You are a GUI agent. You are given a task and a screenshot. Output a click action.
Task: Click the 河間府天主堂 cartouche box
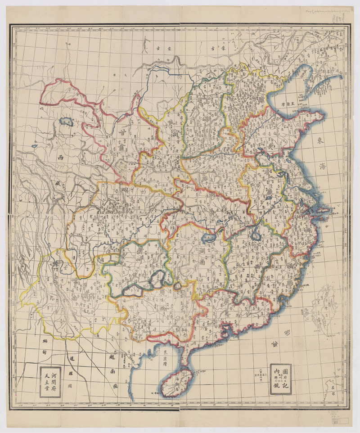click(x=50, y=382)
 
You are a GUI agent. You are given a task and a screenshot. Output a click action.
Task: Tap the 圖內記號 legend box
click(x=280, y=379)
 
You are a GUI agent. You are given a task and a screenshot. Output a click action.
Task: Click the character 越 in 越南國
click(x=112, y=357)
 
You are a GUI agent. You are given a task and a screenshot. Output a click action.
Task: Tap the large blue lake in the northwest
click(x=67, y=122)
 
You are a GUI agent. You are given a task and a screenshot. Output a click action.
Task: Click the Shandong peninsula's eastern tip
click(x=322, y=116)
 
